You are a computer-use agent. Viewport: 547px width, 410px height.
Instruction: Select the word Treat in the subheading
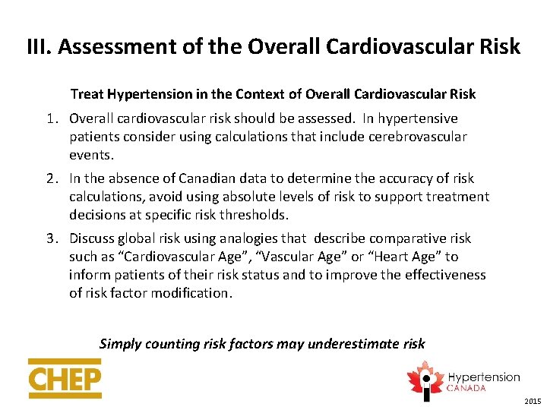(88, 94)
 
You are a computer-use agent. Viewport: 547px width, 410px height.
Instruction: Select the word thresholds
(250, 215)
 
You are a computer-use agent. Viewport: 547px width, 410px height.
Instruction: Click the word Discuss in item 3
(93, 238)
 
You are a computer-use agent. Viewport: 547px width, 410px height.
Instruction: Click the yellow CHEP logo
(65, 378)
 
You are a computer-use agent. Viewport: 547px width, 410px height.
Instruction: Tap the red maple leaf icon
(423, 377)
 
